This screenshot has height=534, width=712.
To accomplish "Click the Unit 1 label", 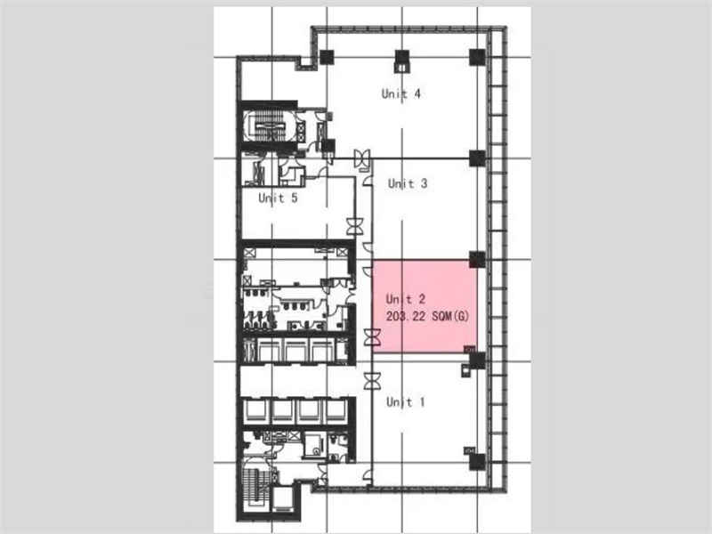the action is tap(406, 402).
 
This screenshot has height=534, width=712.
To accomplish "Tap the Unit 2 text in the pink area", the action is tap(406, 299).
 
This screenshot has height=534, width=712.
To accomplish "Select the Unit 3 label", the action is tap(408, 183).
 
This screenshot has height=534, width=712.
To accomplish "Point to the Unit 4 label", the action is tap(401, 93).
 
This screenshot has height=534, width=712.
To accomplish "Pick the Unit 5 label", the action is tap(278, 198).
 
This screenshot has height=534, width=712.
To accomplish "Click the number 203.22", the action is tap(406, 316).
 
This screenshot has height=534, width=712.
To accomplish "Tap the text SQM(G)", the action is tap(450, 316).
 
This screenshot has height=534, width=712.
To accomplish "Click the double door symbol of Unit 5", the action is tap(354, 227).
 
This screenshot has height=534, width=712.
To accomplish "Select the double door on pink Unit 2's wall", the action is tap(372, 338).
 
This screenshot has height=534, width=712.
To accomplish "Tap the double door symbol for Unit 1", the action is tap(372, 381).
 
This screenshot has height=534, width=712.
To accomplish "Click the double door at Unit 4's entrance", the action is tap(363, 158).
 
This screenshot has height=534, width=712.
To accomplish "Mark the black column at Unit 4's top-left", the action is tap(327, 57).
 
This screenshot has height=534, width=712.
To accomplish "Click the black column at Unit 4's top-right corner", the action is tap(477, 57).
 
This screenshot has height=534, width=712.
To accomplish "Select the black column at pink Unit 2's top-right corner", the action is tap(477, 259).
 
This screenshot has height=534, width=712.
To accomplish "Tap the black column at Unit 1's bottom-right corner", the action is tap(477, 462).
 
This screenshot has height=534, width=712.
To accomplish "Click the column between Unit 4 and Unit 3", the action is tap(477, 158).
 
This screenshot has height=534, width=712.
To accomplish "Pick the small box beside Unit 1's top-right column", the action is tap(465, 370).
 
